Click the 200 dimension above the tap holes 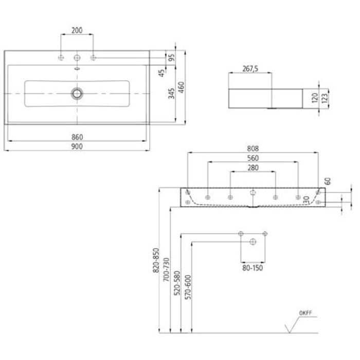pyautogui.click(x=77, y=30)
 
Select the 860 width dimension pyautogui.click(x=77, y=137)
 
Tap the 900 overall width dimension pyautogui.click(x=77, y=146)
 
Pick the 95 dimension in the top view pyautogui.click(x=172, y=57)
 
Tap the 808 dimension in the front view pyautogui.click(x=253, y=148)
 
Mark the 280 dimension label pyautogui.click(x=253, y=168)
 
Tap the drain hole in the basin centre pyautogui.click(x=77, y=93)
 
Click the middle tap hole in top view pyautogui.click(x=77, y=58)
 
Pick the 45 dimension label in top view pyautogui.click(x=161, y=74)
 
